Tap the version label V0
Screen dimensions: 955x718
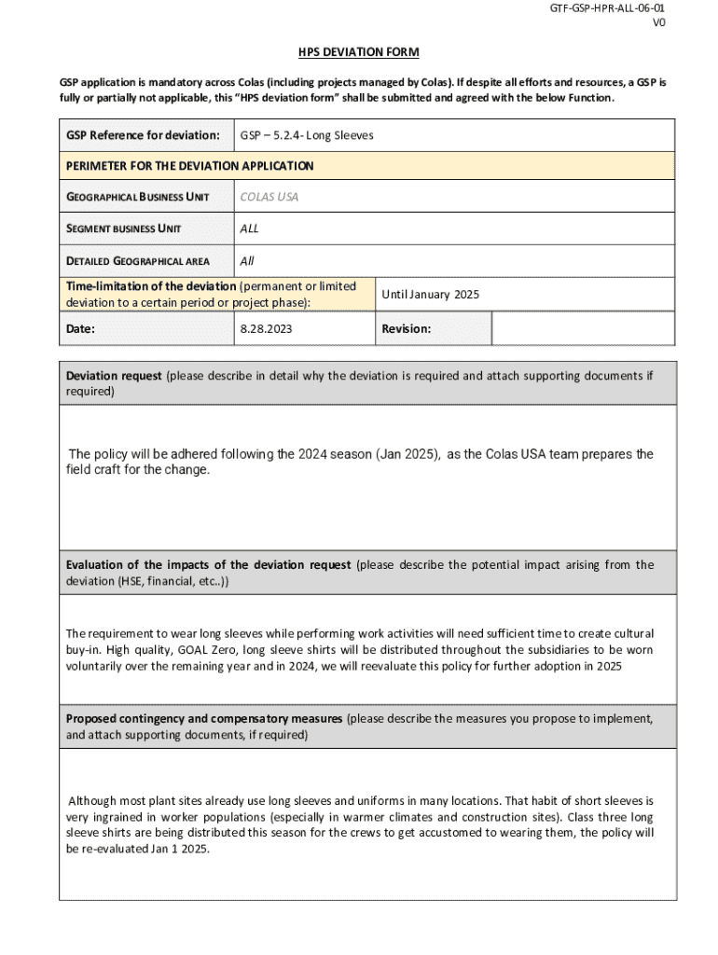click(659, 23)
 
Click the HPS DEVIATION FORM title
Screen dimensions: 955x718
click(358, 52)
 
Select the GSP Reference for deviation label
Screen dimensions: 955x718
click(143, 135)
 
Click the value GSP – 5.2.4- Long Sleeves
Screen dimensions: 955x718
click(307, 135)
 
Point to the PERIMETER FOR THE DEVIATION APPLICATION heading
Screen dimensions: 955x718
click(189, 166)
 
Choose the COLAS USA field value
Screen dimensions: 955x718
click(269, 197)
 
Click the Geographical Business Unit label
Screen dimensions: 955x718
click(137, 197)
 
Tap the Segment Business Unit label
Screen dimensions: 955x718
click(123, 228)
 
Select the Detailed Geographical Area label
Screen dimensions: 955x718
click(137, 260)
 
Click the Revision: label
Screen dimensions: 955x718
click(406, 328)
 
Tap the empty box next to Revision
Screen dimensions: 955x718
click(583, 328)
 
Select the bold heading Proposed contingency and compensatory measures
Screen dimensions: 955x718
click(204, 719)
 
